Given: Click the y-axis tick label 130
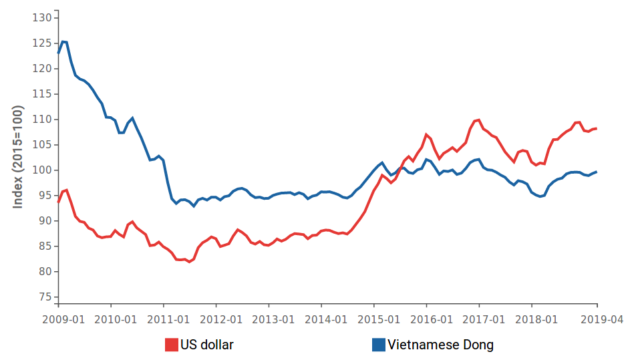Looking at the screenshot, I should pyautogui.click(x=43, y=17).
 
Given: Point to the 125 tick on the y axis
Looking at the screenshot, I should pyautogui.click(x=43, y=43).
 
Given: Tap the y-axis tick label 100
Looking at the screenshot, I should pyautogui.click(x=43, y=170).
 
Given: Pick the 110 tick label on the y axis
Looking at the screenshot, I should pyautogui.click(x=43, y=120).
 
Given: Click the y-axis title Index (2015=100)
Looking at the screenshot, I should pyautogui.click(x=18, y=157).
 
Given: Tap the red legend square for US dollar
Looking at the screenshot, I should pyautogui.click(x=171, y=345).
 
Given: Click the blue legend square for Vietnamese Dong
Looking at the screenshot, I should pyautogui.click(x=378, y=345).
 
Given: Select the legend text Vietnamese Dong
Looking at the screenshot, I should pyautogui.click(x=440, y=345).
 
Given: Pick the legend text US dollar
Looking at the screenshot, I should pyautogui.click(x=207, y=345).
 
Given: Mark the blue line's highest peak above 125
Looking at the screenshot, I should pyautogui.click(x=63, y=41).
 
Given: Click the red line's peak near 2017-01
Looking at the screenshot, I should pyautogui.click(x=478, y=120).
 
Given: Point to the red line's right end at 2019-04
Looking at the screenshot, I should pyautogui.click(x=597, y=128).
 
